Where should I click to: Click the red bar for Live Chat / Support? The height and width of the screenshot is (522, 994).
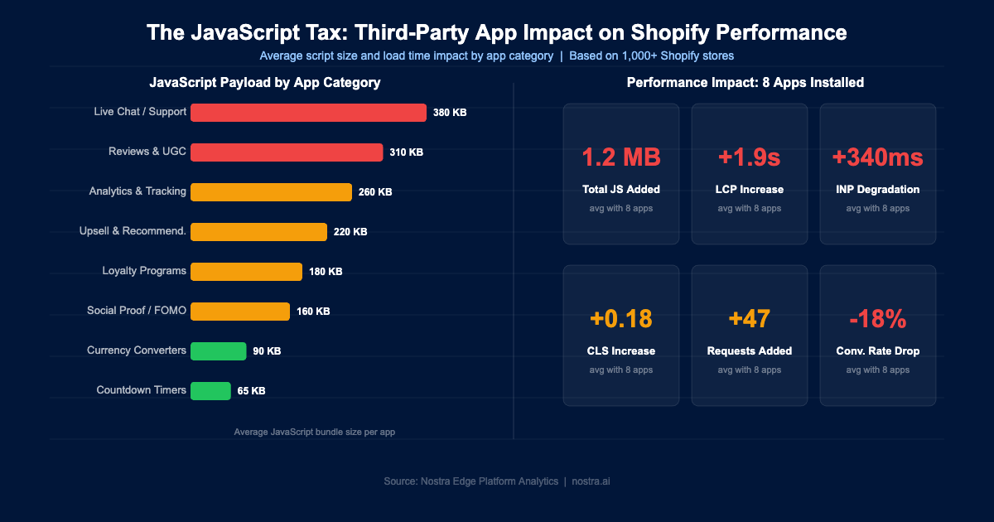[x=308, y=113]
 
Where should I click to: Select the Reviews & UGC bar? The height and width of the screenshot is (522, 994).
[x=287, y=152]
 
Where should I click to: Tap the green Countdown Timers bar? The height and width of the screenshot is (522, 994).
[x=210, y=391]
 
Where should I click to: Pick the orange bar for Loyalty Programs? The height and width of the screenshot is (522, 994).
[x=246, y=272]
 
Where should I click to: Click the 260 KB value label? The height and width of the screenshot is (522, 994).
[x=375, y=192]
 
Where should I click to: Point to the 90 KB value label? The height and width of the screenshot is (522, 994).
[x=267, y=351]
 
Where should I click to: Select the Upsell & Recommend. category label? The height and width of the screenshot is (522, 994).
[x=133, y=231]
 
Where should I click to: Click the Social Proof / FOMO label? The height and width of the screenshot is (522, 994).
[x=137, y=311]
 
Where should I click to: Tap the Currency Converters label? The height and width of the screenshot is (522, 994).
[x=137, y=350]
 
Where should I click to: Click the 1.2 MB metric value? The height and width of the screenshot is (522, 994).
[x=621, y=157]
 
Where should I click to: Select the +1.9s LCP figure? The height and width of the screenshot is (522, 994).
[x=750, y=157]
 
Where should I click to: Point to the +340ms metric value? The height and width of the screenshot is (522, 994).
[x=878, y=157]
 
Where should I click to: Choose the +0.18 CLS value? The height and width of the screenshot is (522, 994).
[x=621, y=319]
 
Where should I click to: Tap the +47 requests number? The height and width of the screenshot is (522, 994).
[x=750, y=319]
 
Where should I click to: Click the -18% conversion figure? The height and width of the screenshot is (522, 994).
[x=878, y=319]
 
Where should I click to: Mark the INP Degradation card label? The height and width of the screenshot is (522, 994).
[x=878, y=190]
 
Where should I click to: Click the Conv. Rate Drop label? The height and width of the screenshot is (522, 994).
[x=878, y=351]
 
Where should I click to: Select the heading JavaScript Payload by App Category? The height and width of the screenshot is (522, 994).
[x=265, y=83]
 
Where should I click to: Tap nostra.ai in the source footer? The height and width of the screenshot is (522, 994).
[x=591, y=481]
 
